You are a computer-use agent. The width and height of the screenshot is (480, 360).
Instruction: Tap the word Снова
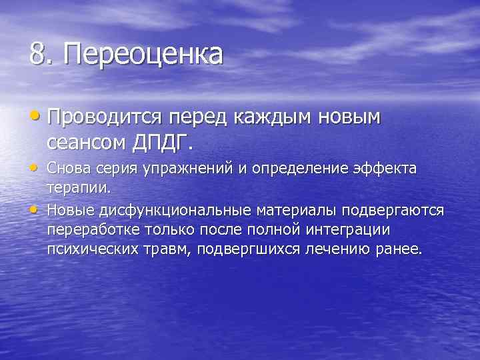[69, 169]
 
